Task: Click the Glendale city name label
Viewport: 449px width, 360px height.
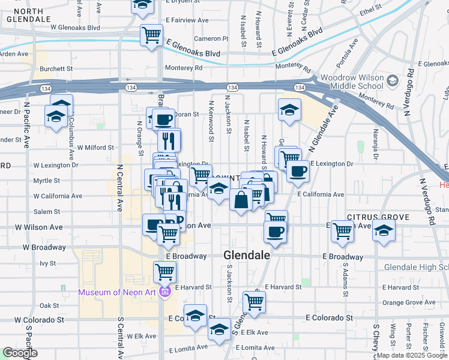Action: (x=247, y=255)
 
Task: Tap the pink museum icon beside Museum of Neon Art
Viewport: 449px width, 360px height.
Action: (x=166, y=292)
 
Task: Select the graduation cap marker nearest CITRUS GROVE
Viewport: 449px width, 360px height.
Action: (x=382, y=230)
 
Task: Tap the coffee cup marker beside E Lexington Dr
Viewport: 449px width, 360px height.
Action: (x=297, y=172)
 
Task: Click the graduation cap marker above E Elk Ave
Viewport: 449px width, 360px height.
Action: (x=219, y=329)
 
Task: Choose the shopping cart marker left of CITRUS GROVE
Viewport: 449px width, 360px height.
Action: (x=342, y=230)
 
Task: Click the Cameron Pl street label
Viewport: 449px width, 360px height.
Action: (x=215, y=38)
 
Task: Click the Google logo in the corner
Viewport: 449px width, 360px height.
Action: (x=20, y=353)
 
